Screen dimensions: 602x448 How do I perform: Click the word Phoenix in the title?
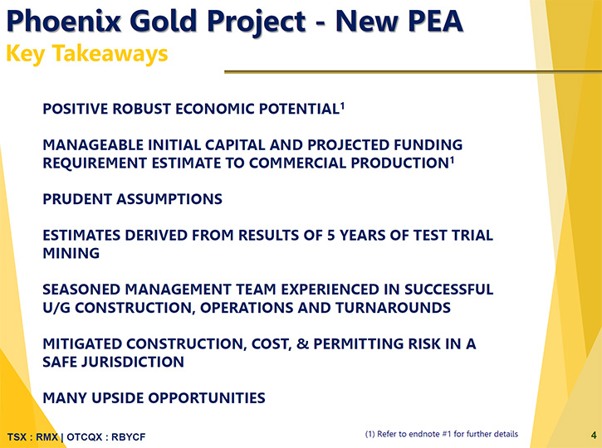[x=64, y=21]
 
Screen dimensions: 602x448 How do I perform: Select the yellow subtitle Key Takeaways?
[x=87, y=54]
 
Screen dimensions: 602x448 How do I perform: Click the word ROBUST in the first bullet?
[x=141, y=109]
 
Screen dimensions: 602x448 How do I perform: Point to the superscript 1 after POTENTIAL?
[x=342, y=105]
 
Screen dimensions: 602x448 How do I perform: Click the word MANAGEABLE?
[x=92, y=145]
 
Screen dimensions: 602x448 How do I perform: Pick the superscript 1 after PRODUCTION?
[x=452, y=159]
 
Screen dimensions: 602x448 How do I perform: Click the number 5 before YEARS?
[x=331, y=235]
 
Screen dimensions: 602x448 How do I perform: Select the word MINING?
[x=71, y=254]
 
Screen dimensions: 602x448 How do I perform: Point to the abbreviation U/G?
[x=56, y=308]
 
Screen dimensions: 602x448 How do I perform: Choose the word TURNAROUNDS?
[x=393, y=308]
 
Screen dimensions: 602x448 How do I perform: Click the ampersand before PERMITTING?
[x=302, y=344]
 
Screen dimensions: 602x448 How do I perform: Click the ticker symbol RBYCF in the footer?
[x=128, y=437]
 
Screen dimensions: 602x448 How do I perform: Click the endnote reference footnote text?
[x=442, y=434]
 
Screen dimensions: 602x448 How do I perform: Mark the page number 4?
[x=594, y=436]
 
